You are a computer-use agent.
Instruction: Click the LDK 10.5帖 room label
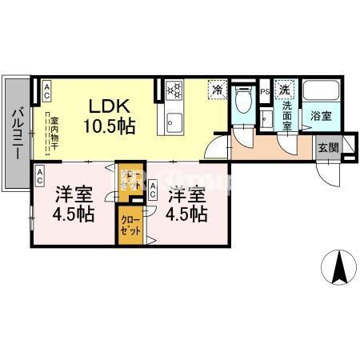[110, 116]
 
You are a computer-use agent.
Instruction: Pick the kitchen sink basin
[175, 124]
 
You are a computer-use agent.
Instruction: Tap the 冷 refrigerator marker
[216, 90]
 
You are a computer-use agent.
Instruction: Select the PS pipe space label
[265, 92]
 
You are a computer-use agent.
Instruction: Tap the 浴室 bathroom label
[322, 116]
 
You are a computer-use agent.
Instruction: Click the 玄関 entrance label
[327, 147]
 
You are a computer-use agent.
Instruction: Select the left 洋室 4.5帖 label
[74, 205]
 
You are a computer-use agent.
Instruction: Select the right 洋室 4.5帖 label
[187, 205]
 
